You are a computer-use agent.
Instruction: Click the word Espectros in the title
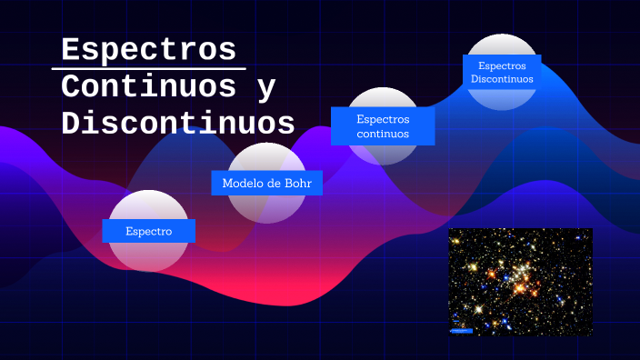pyautogui.click(x=148, y=49)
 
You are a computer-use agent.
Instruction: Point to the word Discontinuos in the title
pyautogui.click(x=178, y=123)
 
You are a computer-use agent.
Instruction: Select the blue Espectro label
pyautogui.click(x=149, y=231)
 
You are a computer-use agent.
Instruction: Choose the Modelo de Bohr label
pyautogui.click(x=266, y=183)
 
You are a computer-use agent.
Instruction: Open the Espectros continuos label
pyautogui.click(x=383, y=125)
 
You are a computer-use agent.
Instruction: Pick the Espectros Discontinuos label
pyautogui.click(x=502, y=72)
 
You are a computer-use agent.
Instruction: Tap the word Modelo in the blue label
pyautogui.click(x=242, y=183)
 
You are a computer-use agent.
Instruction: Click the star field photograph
pyautogui.click(x=520, y=282)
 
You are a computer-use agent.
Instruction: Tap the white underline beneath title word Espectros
pyautogui.click(x=148, y=68)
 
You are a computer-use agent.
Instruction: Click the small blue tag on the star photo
pyautogui.click(x=462, y=331)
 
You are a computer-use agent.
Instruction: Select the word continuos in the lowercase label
pyautogui.click(x=383, y=134)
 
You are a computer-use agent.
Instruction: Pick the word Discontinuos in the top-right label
pyautogui.click(x=502, y=79)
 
